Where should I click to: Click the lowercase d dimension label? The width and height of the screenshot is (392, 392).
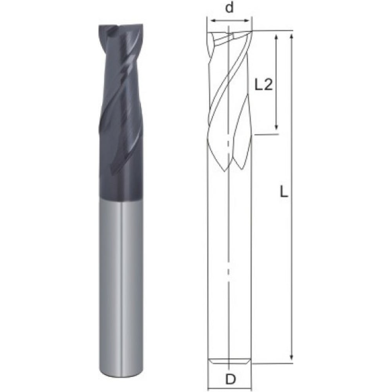click(229, 8)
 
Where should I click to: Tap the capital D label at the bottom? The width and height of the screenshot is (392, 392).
click(230, 379)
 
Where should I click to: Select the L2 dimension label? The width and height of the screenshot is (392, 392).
click(263, 85)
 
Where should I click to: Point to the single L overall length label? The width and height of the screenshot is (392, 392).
click(284, 192)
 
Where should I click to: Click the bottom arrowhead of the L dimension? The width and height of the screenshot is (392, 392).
click(292, 356)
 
